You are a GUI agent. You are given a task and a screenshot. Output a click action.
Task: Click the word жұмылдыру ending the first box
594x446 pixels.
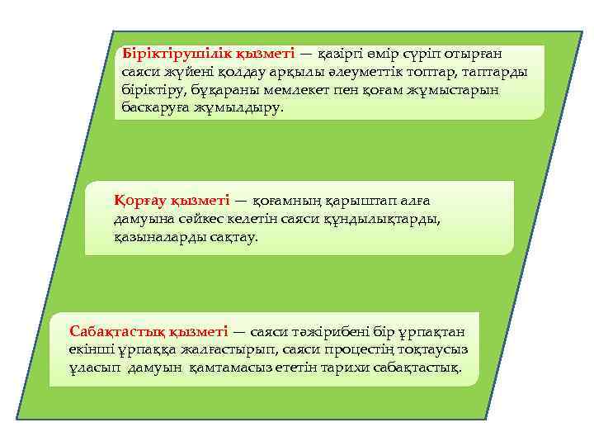click(240, 107)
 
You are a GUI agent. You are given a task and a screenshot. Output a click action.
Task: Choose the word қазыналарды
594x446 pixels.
click(160, 237)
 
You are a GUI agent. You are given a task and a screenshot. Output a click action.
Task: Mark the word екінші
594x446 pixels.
click(92, 349)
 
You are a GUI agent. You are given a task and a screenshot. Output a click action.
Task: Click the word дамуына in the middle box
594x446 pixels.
click(140, 219)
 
